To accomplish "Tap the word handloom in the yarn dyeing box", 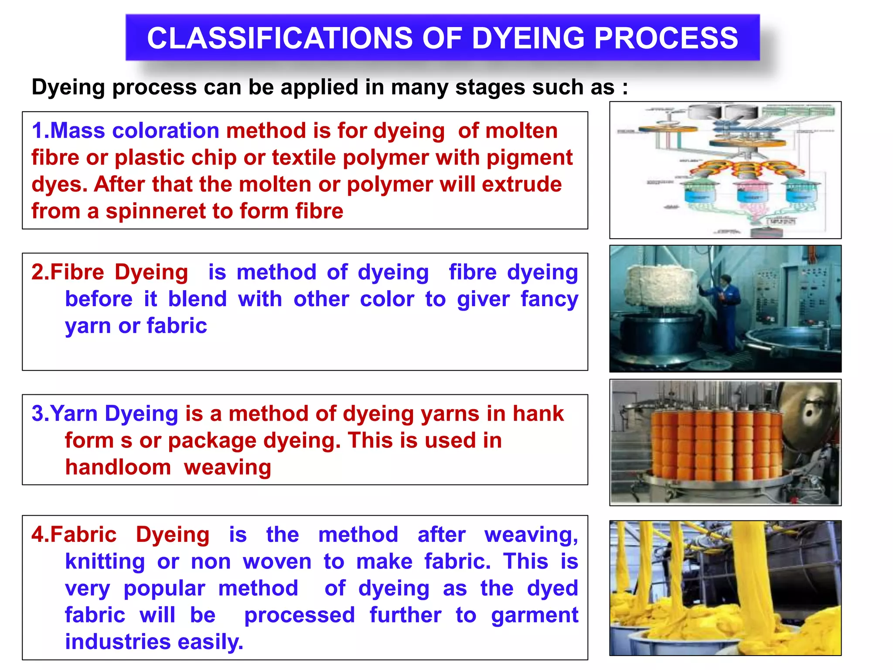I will click(118, 468).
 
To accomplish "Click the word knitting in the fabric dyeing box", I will click(105, 562).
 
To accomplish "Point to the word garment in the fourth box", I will click(535, 615).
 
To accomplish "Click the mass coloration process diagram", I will click(725, 170).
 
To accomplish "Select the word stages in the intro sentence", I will click(484, 88).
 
